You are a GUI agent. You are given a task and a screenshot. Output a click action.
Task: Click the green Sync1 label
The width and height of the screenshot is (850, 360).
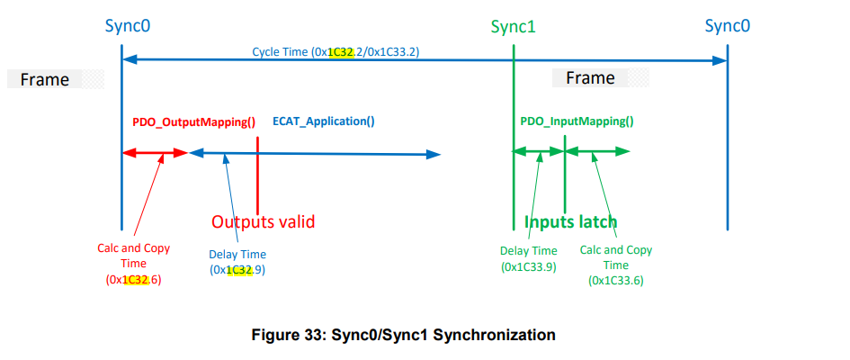[x=513, y=26]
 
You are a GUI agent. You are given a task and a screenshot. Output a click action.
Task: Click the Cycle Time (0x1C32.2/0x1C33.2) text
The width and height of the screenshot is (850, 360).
[x=336, y=52]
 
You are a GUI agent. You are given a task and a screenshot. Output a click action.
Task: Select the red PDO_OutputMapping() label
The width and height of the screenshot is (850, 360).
[x=194, y=121]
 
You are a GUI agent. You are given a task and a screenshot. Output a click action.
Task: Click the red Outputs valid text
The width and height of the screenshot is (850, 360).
[x=263, y=221]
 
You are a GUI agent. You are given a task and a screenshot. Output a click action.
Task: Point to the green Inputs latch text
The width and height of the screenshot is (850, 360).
[x=571, y=221]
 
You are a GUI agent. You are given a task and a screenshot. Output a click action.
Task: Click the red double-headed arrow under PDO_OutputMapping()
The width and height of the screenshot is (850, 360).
[x=154, y=154]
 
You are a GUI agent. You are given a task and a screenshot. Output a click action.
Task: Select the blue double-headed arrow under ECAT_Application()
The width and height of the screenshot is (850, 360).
[x=315, y=154]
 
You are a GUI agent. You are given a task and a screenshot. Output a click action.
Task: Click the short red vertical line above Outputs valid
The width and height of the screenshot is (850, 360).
[x=258, y=171]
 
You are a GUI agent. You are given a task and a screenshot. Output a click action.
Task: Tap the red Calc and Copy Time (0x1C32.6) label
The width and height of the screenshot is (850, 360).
[x=133, y=265]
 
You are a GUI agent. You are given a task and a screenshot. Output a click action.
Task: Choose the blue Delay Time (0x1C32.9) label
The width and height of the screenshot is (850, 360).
[x=237, y=262]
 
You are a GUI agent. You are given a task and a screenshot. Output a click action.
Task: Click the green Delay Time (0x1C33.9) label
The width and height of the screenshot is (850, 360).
[x=528, y=258]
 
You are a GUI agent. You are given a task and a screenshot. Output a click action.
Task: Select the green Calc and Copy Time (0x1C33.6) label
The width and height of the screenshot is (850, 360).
[x=616, y=265]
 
